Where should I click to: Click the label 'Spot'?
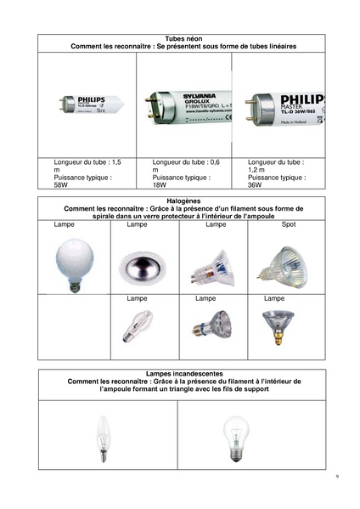point(287,225)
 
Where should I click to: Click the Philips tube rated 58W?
point(88,105)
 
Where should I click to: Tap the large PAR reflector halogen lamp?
point(275,324)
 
